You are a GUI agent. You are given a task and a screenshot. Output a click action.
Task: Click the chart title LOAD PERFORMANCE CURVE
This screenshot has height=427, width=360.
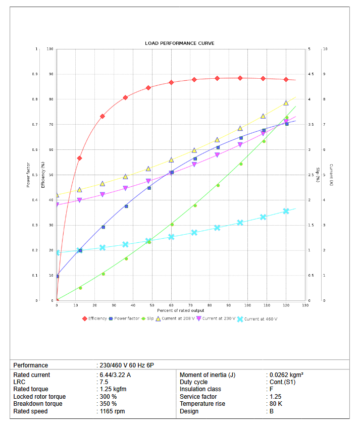tap(179, 43)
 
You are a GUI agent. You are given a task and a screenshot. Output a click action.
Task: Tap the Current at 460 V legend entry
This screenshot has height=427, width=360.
tap(261, 319)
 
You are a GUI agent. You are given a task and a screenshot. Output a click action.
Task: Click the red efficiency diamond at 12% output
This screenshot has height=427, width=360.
tap(79, 158)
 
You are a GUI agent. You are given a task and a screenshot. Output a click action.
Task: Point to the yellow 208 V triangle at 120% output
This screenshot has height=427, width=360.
tap(286, 103)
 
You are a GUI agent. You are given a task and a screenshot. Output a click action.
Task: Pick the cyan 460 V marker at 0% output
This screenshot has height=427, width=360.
tap(57, 253)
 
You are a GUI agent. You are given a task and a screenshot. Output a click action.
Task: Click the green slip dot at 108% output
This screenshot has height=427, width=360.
tap(264, 141)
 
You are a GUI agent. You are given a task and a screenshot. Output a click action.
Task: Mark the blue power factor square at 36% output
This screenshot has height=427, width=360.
tap(126, 206)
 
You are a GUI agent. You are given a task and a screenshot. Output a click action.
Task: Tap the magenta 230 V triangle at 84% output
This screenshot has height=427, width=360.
tap(217, 155)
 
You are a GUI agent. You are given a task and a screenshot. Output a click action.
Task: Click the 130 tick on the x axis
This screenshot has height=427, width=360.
tap(305, 305)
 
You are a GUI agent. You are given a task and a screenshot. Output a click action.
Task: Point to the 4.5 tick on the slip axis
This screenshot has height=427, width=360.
tap(311, 74)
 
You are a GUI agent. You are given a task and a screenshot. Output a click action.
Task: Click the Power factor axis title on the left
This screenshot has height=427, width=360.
tap(28, 175)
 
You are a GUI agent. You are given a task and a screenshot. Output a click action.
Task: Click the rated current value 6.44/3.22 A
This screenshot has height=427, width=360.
tap(115, 375)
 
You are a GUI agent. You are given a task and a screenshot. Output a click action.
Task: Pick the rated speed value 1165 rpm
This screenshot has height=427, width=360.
tap(112, 411)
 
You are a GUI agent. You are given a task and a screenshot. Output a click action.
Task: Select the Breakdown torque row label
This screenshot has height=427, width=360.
tap(38, 404)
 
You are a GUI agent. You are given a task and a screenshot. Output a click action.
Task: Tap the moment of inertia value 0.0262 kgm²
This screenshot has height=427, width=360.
tap(286, 375)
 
